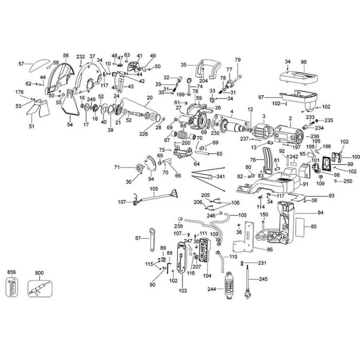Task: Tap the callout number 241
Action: (x=220, y=177)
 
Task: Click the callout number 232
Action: (x=81, y=57)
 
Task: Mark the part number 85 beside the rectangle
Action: (x=313, y=227)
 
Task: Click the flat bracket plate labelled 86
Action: (x=245, y=239)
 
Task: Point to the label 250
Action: (x=348, y=181)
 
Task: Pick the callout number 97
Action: (x=261, y=97)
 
